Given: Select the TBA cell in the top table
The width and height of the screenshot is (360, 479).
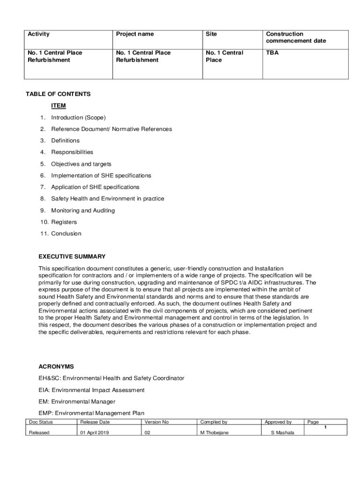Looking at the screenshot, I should tap(272, 53).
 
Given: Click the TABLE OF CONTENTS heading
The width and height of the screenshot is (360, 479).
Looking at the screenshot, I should tap(58, 94).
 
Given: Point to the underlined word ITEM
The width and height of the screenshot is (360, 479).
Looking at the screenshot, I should tap(58, 106).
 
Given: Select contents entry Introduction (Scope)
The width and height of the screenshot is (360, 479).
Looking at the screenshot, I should tap(78, 117).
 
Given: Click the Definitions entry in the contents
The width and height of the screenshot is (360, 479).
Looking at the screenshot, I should tap(65, 140).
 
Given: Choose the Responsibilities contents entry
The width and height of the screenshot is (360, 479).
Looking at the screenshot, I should tap(72, 152).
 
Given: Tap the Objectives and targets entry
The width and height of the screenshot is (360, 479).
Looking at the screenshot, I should tap(81, 164).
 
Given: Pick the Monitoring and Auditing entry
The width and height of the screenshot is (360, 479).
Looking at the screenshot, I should tap(83, 210).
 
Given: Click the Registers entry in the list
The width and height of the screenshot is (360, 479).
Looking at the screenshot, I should tap(64, 222).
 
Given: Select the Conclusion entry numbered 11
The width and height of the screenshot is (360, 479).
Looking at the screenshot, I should tap(66, 233).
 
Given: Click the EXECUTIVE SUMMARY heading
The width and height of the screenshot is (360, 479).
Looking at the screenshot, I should tap(72, 256).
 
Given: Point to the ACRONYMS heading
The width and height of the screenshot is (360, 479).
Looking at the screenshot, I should tap(56, 366).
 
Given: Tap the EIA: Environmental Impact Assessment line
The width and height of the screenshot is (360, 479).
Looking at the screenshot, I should tap(92, 390).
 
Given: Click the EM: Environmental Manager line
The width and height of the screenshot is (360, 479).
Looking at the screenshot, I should tap(77, 401).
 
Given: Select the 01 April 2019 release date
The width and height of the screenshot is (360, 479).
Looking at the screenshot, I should tap(95, 433).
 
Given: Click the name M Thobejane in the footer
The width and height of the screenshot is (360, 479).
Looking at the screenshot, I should tap(214, 433).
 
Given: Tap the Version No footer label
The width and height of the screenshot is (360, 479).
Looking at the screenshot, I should tap(157, 422).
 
